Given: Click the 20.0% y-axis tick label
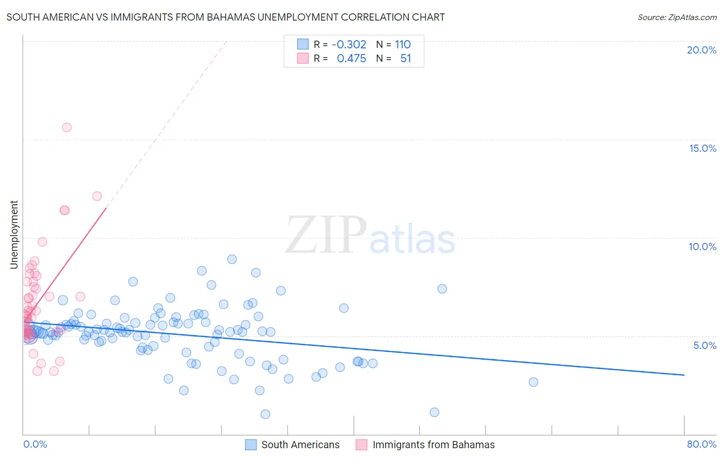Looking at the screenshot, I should (x=701, y=50).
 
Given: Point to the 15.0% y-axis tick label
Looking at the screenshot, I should (x=702, y=148).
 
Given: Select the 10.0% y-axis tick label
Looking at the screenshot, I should (x=702, y=246).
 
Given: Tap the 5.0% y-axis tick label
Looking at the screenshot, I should (x=704, y=345).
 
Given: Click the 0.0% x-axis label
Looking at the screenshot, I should (x=35, y=444).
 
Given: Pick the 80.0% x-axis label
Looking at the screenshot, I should (x=701, y=444).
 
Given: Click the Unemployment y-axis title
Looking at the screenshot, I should (x=14, y=235).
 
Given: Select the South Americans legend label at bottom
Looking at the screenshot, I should (x=300, y=445).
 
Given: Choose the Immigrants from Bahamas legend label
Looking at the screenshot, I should (x=433, y=445).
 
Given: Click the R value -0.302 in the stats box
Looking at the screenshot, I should (x=349, y=44).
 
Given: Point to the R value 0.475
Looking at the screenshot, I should (x=351, y=59).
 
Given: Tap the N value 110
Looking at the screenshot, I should (x=403, y=44).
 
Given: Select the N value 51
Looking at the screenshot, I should (x=406, y=59).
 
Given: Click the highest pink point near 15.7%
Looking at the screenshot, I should (x=67, y=127).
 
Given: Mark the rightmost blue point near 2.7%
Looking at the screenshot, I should (x=533, y=382).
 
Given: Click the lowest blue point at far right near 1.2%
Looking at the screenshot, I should (x=435, y=412).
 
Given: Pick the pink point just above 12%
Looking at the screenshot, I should (x=97, y=196).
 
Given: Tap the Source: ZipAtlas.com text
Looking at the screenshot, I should (x=677, y=17).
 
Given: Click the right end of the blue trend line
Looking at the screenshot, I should (x=684, y=375).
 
